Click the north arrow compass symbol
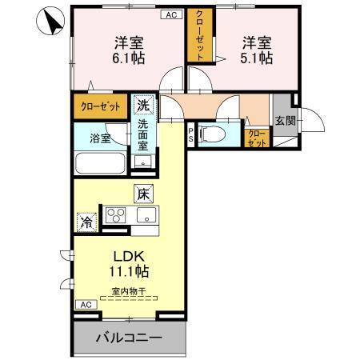50,22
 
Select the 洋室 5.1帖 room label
255,49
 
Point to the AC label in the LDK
84,305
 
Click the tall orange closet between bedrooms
197,36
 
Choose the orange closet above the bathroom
100,106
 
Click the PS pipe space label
191,133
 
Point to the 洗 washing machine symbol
142,104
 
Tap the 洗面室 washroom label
142,135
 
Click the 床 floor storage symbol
142,193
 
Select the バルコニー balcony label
130,338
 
